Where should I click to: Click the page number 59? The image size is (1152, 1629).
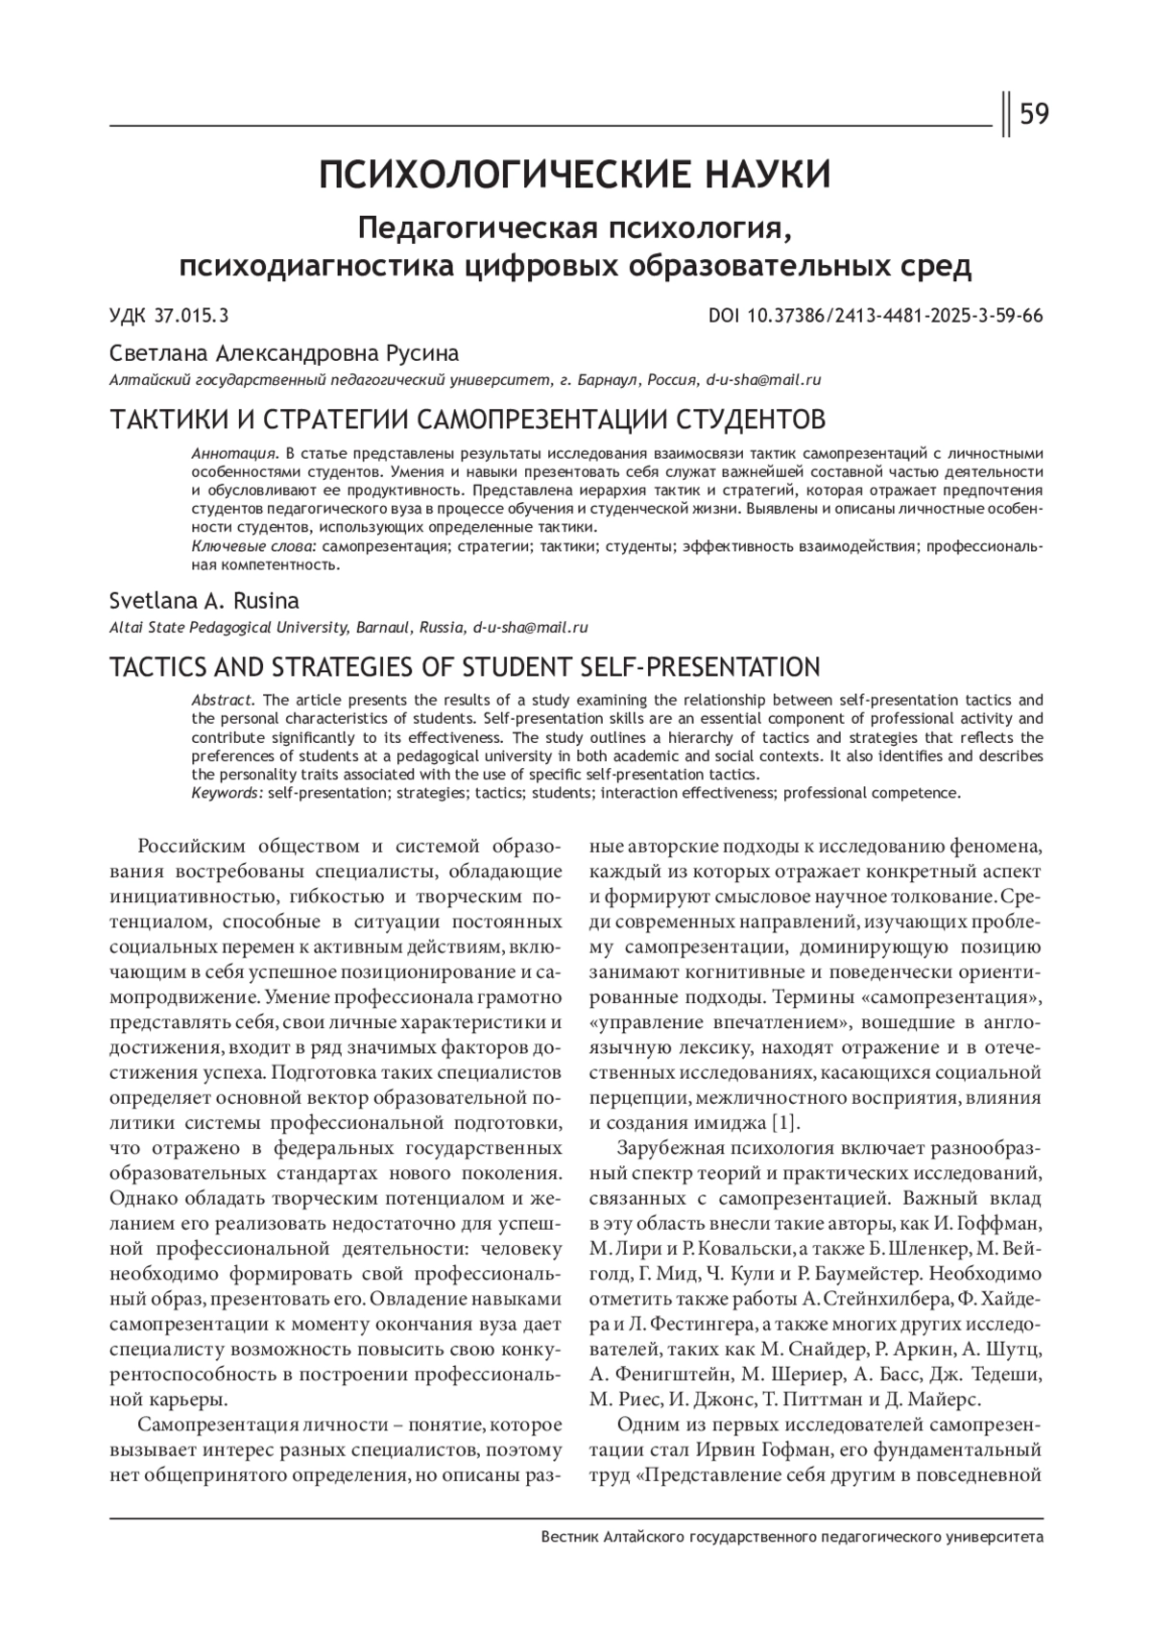(x=1034, y=115)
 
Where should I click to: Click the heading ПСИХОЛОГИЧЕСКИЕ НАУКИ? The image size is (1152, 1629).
(x=575, y=176)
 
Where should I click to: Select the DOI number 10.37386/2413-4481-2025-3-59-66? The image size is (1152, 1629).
(x=889, y=317)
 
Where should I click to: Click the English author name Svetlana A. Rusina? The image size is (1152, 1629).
(x=204, y=601)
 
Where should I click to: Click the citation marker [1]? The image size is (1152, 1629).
(x=784, y=1122)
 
